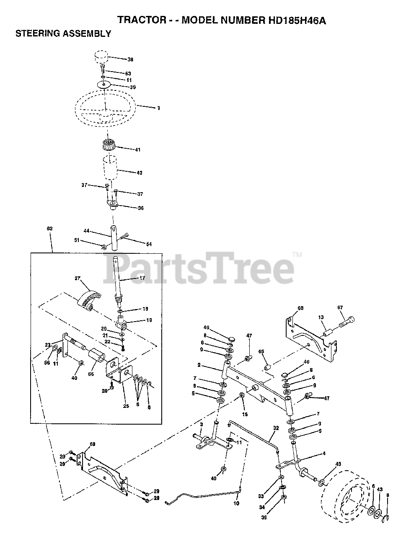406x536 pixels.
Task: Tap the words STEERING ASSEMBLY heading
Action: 63,34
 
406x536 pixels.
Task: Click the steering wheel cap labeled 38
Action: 101,57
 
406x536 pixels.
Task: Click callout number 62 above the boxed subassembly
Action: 50,229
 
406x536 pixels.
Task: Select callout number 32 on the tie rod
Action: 275,428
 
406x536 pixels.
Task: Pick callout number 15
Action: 245,414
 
